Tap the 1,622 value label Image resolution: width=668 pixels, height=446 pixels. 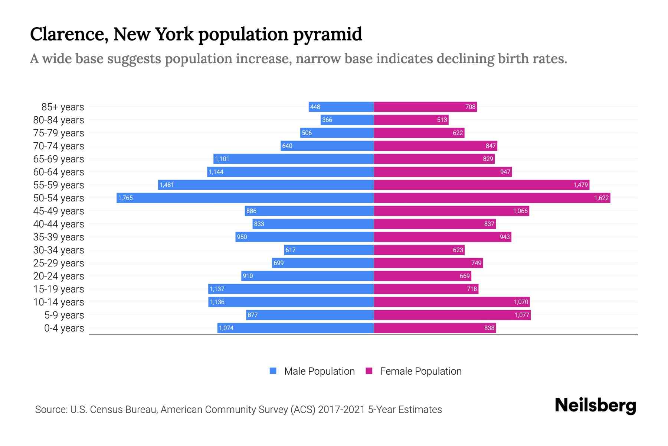tap(601, 198)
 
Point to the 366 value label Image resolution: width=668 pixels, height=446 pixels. tap(327, 120)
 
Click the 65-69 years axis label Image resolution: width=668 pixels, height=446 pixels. tap(59, 159)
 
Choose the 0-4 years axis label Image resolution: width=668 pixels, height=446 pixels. tap(64, 328)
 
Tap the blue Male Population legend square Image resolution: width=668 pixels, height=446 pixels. tap(273, 371)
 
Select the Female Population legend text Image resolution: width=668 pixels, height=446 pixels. tap(420, 371)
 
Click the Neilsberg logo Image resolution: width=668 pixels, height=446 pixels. tap(595, 405)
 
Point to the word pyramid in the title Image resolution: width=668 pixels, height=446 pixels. tap(327, 35)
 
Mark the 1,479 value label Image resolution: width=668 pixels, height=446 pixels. tap(580, 185)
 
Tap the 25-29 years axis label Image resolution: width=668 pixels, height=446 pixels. tap(59, 263)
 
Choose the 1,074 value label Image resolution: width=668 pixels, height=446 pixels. tap(226, 328)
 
